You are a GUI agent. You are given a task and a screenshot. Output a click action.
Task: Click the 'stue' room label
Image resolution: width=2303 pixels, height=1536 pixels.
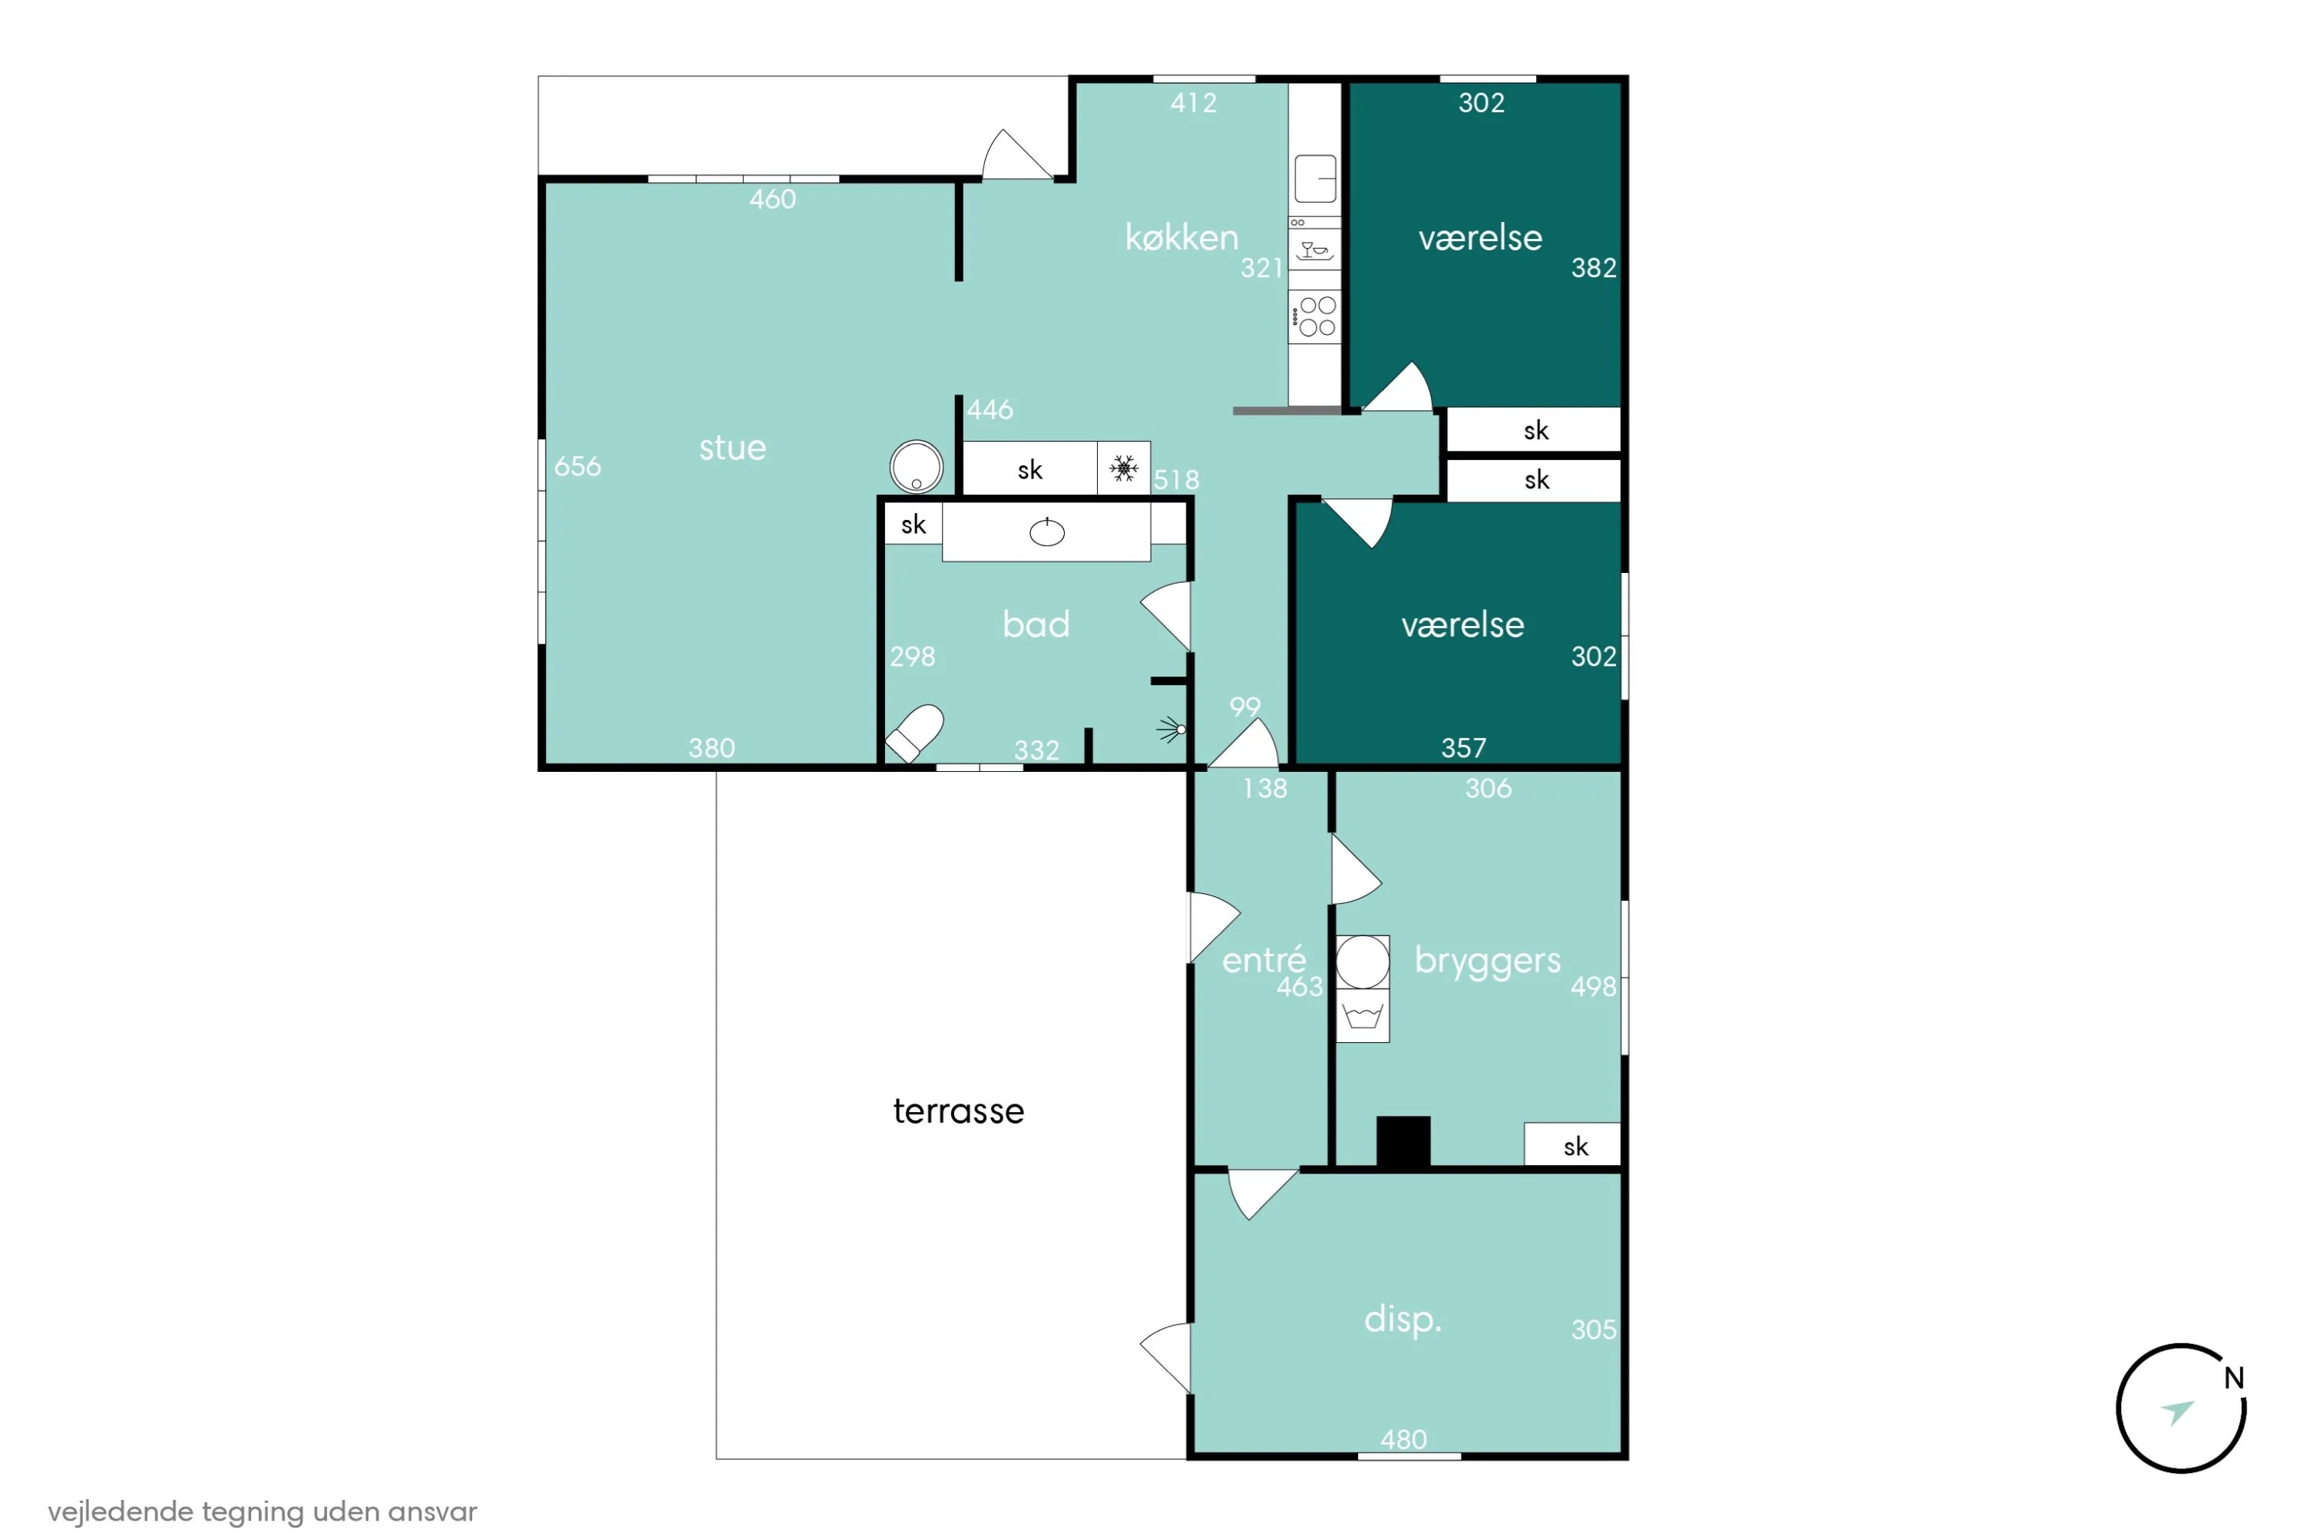click(x=732, y=448)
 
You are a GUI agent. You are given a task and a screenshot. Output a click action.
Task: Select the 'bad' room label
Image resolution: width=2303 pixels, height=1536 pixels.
click(x=1036, y=624)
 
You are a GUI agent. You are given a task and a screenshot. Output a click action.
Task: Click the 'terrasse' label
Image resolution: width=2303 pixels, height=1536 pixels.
click(x=959, y=1111)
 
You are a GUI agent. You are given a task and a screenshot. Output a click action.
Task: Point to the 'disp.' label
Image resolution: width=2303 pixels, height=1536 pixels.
click(x=1403, y=1319)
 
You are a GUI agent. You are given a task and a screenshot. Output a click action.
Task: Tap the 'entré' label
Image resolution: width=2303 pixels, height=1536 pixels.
click(x=1263, y=959)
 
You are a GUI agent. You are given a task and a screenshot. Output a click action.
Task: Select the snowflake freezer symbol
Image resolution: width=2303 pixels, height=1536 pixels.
click(x=1124, y=468)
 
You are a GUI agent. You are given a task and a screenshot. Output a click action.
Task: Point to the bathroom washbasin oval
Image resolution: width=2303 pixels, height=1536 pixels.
click(x=1047, y=532)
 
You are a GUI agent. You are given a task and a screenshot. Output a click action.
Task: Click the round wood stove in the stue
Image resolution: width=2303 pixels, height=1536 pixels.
click(x=917, y=466)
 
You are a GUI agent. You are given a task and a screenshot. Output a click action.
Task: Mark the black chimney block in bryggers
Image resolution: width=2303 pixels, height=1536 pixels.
click(x=1403, y=1141)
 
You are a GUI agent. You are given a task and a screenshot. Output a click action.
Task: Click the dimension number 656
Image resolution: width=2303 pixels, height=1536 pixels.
click(x=578, y=466)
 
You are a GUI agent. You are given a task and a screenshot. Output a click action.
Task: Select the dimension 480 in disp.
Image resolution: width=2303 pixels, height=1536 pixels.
click(x=1403, y=1440)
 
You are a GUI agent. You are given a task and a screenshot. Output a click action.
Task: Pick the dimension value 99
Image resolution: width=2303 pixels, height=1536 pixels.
click(x=1244, y=707)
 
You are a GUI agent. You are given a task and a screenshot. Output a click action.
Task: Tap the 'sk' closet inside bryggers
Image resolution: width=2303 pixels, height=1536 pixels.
click(x=1572, y=1144)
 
